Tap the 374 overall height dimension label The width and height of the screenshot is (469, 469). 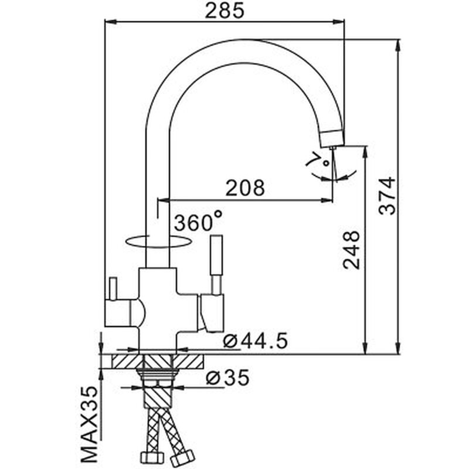point(387,196)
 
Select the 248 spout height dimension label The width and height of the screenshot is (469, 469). point(351,250)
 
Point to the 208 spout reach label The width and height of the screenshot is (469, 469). point(245,188)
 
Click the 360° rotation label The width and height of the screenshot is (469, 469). point(198,221)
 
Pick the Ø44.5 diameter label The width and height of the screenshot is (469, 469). point(256,341)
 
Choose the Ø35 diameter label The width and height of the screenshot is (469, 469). point(227,377)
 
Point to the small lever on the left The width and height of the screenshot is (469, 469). point(113,288)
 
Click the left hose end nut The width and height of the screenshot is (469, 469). point(152,457)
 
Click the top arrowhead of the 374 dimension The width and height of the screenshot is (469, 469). point(398,45)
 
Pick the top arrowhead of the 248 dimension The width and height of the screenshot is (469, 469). point(365,151)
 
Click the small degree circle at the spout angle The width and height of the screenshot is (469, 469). point(327,163)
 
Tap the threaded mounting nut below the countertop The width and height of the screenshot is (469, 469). point(157,375)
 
